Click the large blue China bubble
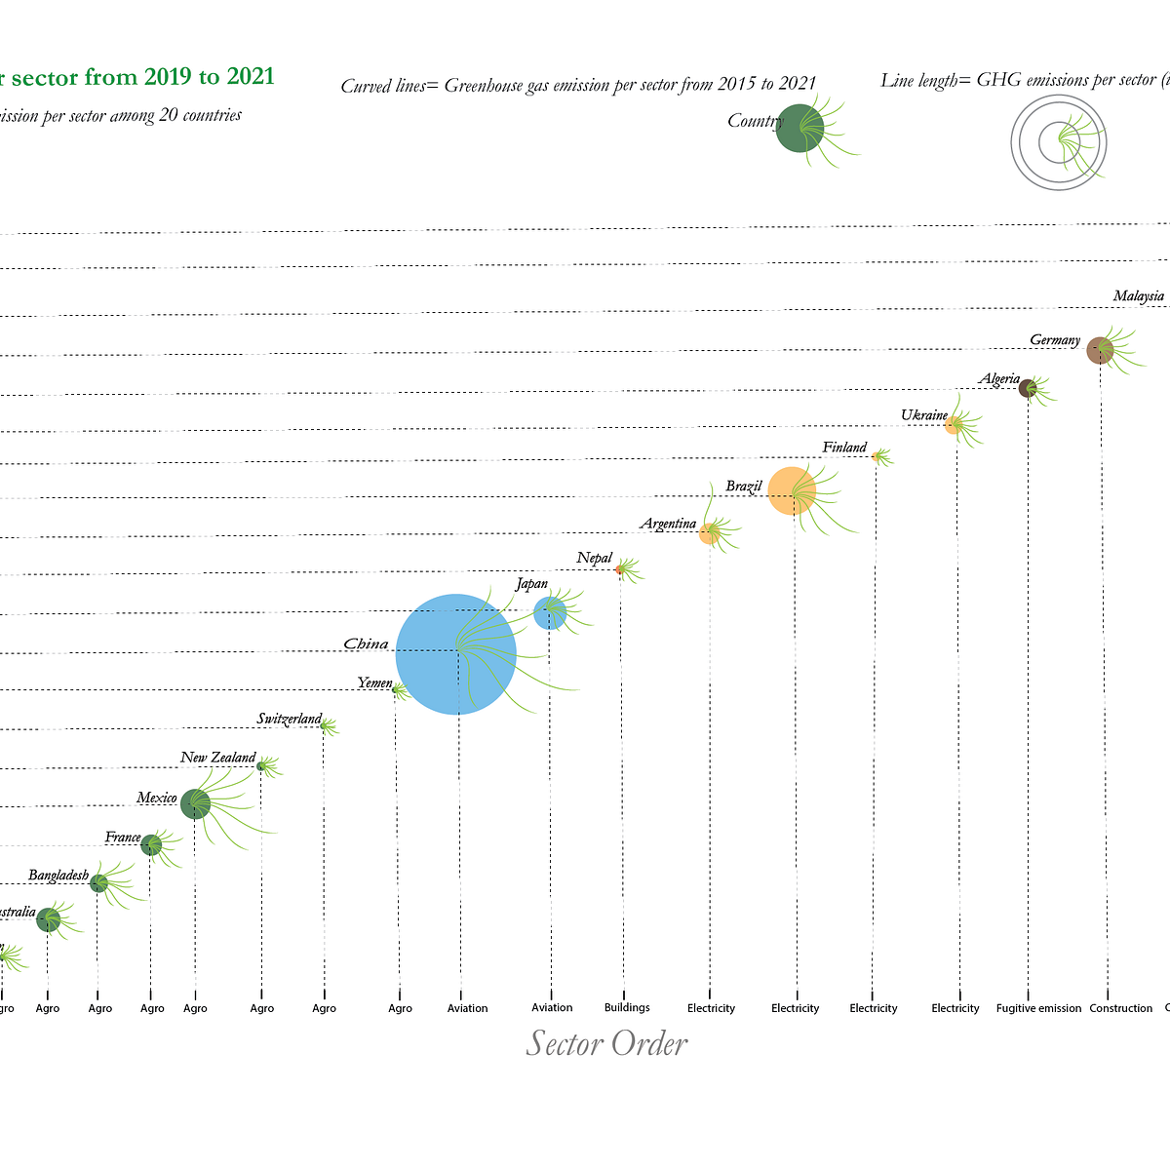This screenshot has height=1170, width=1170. [455, 654]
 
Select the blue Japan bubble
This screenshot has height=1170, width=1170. [550, 613]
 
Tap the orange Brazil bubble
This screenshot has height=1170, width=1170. [792, 490]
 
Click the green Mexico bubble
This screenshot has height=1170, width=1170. [195, 804]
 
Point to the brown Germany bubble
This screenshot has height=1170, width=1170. [1100, 350]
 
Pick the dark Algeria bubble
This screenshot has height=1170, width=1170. [1027, 388]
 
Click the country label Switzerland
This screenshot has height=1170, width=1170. [289, 720]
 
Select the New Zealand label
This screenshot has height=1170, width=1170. [217, 758]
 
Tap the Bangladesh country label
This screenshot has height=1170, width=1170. [58, 876]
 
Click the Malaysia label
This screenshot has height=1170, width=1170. [1138, 296]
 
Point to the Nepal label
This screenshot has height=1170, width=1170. [594, 559]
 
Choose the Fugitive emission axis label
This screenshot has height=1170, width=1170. [1038, 1008]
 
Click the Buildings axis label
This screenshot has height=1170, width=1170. [626, 1007]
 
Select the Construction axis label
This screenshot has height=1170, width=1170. [1120, 1008]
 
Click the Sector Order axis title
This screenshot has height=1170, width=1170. [606, 1043]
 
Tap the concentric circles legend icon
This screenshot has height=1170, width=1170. [1059, 143]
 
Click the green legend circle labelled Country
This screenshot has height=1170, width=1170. [799, 128]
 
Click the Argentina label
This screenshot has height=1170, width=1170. [668, 525]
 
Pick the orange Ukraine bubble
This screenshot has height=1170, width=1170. [954, 425]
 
